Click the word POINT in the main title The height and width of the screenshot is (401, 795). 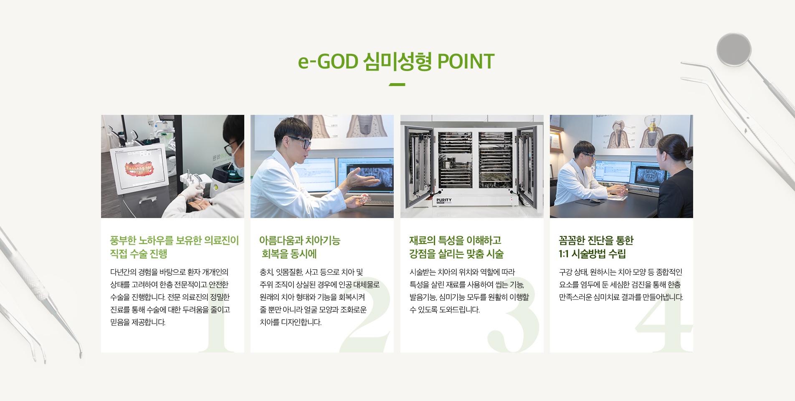[x=466, y=61]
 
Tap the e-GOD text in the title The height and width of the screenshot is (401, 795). [x=328, y=61]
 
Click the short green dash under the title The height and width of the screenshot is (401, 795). [x=397, y=84]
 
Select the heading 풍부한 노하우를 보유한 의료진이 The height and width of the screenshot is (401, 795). [x=174, y=240]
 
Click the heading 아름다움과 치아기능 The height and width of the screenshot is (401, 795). [x=300, y=240]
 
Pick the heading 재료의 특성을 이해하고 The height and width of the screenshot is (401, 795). [x=455, y=240]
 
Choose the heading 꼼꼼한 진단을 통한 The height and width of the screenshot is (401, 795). [x=596, y=240]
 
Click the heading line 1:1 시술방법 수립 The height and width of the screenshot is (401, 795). [x=592, y=254]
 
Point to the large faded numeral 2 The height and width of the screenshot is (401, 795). [x=365, y=315]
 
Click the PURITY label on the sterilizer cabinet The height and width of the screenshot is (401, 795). [x=444, y=200]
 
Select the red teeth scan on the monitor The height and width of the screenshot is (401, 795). [x=139, y=168]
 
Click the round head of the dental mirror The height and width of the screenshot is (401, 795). [x=734, y=49]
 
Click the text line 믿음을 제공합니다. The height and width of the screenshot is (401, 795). [x=138, y=322]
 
